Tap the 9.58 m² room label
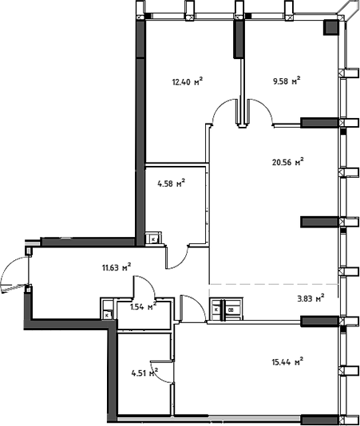click(284, 81)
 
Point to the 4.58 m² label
click(171, 183)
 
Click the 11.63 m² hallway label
click(116, 268)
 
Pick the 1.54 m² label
click(141, 306)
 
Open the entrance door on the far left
click(14, 276)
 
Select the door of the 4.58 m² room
click(177, 256)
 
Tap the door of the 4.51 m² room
click(162, 372)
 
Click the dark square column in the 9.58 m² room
click(330, 28)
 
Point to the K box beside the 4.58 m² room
click(153, 238)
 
